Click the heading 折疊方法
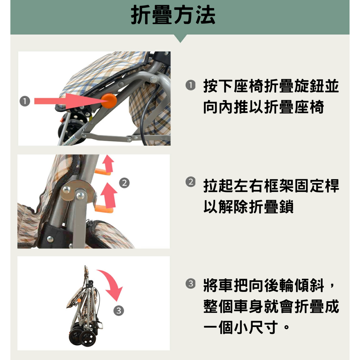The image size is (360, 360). click(x=173, y=15)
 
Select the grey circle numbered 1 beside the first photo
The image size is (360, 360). click(x=25, y=102)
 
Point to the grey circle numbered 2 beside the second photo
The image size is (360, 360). click(x=124, y=183)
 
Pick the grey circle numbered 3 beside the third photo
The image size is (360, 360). click(x=119, y=311)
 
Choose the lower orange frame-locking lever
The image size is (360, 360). click(x=103, y=210)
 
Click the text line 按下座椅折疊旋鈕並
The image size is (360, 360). click(x=271, y=86)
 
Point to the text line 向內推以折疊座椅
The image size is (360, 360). click(x=263, y=107)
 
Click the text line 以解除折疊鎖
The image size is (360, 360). click(x=248, y=207)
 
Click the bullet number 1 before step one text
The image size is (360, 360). click(x=190, y=85)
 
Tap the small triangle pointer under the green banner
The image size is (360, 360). click(x=180, y=38)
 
